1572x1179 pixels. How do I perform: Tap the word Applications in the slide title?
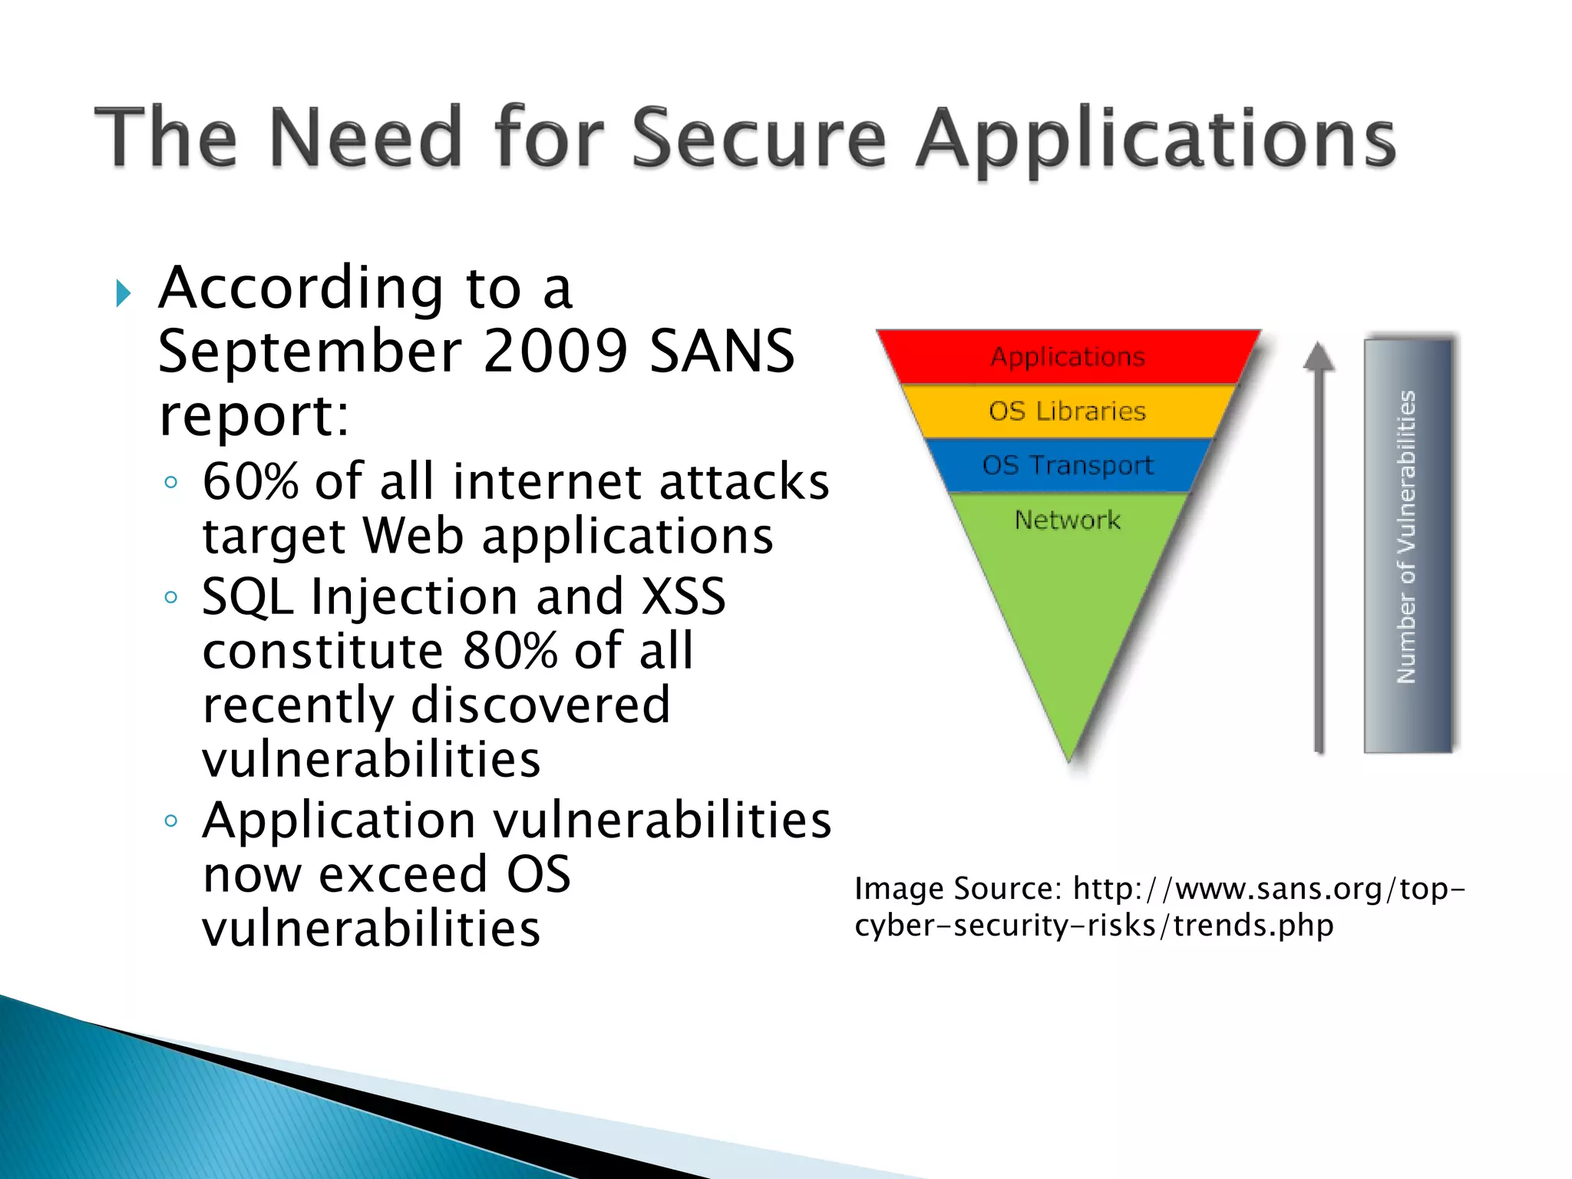tap(1155, 140)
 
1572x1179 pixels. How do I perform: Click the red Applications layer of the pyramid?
tap(1068, 357)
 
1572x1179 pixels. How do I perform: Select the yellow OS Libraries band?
tap(1068, 411)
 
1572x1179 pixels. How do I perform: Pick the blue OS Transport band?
tap(1068, 465)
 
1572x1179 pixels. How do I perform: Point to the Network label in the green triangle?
tap(1068, 520)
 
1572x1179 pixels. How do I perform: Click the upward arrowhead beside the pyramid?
tap(1319, 356)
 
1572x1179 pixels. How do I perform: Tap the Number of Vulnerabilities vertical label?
tap(1406, 537)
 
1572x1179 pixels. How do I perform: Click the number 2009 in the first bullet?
tap(555, 351)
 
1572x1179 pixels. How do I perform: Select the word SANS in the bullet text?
tap(722, 351)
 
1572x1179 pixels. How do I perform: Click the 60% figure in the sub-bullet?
tap(250, 482)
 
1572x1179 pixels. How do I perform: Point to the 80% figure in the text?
tap(510, 651)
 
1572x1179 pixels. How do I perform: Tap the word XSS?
tap(683, 596)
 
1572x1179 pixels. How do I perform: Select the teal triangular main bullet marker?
tap(123, 293)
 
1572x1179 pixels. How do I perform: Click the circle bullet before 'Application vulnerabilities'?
tap(171, 821)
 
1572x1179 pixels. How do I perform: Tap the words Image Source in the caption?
tap(956, 889)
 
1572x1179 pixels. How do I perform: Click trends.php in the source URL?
tap(1253, 925)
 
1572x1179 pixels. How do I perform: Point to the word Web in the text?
tap(413, 536)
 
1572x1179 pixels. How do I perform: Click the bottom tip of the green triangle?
tap(1069, 758)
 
